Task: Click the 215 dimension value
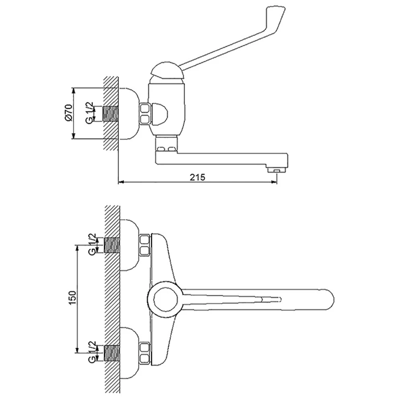197,177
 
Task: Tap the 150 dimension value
72,297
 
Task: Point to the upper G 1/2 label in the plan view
92,244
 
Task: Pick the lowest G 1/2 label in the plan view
92,352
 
